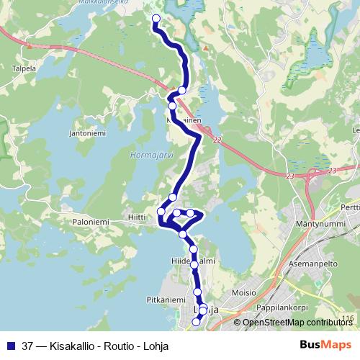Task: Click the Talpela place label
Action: pyautogui.click(x=24, y=70)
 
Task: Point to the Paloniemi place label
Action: pyautogui.click(x=90, y=223)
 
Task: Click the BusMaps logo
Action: pyautogui.click(x=325, y=345)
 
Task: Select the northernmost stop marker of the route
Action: pyautogui.click(x=155, y=19)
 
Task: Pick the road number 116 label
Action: pyautogui.click(x=348, y=318)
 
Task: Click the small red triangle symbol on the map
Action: pyautogui.click(x=205, y=49)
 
